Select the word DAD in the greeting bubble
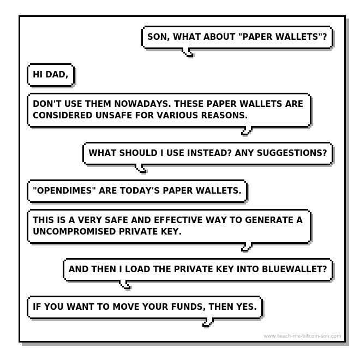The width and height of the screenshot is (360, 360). tap(57, 75)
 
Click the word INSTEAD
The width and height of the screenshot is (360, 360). tap(209, 153)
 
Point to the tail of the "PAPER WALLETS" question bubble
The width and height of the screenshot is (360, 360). tap(188, 52)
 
